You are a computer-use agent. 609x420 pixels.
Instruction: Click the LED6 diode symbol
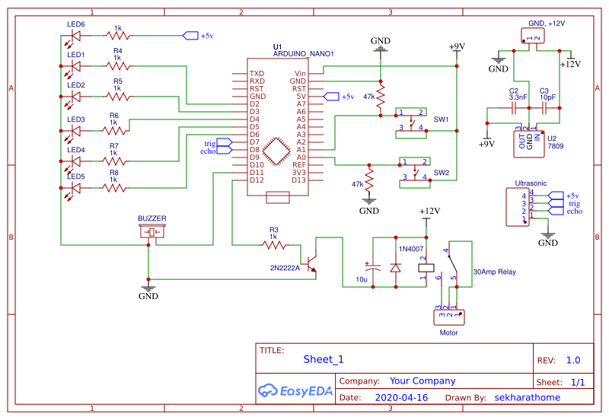coord(75,36)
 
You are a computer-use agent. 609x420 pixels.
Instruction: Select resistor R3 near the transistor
coord(274,245)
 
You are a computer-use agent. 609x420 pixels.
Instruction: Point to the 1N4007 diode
coord(395,268)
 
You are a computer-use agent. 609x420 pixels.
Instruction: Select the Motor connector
coord(449,315)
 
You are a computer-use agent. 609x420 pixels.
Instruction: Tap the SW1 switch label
coord(441,120)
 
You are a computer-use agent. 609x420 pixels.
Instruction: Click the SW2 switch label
coord(441,173)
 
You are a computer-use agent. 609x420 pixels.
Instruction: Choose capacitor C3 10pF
coord(546,109)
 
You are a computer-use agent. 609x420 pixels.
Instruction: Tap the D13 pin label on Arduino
coord(298,180)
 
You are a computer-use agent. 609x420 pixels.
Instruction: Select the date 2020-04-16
coord(401,397)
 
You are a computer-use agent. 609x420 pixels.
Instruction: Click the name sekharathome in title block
coord(527,397)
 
